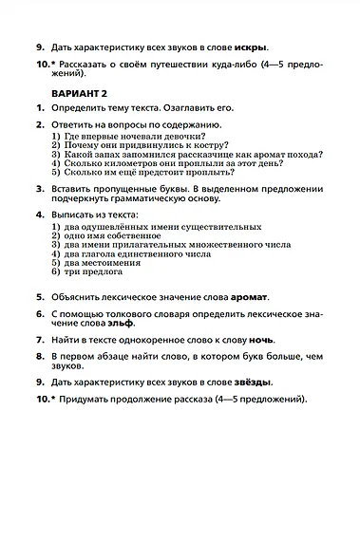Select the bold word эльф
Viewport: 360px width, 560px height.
click(x=121, y=324)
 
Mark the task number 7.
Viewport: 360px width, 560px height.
click(x=40, y=339)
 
